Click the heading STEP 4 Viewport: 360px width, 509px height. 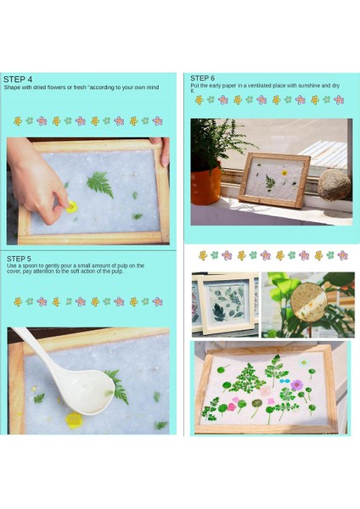click(x=18, y=79)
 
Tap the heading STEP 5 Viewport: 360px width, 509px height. click(x=20, y=259)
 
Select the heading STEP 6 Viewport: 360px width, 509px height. click(x=202, y=78)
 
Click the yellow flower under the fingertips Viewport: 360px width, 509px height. click(x=71, y=207)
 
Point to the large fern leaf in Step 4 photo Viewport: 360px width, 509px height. click(x=100, y=184)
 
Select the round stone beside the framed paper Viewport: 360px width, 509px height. click(x=335, y=184)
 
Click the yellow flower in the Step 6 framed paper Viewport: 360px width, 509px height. click(x=284, y=173)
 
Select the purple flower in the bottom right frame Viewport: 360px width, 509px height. click(x=296, y=385)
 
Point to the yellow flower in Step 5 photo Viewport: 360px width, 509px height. click(x=74, y=420)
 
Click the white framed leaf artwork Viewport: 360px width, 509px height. click(x=228, y=304)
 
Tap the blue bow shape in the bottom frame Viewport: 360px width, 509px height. click(x=284, y=380)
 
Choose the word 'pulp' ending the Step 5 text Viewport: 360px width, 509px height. click(x=118, y=271)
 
